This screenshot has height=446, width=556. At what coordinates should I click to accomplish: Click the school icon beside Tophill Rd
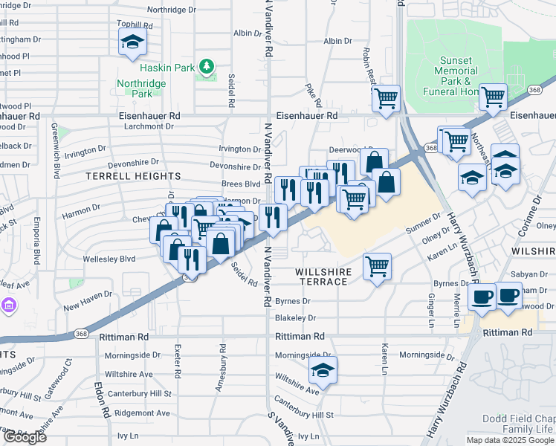coord(132,42)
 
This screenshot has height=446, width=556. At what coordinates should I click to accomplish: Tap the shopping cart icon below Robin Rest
coord(386,98)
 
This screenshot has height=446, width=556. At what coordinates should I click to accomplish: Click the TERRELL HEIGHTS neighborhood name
coord(133,176)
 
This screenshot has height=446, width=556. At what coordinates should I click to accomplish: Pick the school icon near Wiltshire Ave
coord(323,369)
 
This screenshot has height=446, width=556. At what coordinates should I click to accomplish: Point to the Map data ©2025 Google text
coord(510,440)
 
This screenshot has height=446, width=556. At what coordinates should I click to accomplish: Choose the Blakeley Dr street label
coord(295,317)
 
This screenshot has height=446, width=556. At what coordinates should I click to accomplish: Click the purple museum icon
coord(7,306)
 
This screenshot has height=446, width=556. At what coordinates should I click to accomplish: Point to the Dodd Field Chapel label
coord(518,418)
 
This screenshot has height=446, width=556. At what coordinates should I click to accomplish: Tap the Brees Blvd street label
coord(241,184)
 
